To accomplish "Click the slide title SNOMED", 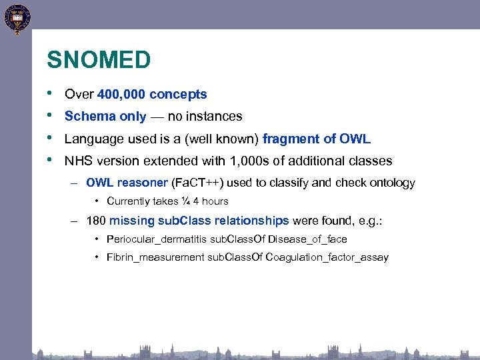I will (x=99, y=61).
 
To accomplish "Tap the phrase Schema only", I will (x=105, y=117).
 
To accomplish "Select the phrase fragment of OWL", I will (x=317, y=139).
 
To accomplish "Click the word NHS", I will (x=77, y=161).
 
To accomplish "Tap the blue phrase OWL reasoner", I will (x=127, y=183).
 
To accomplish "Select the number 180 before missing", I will (x=96, y=221).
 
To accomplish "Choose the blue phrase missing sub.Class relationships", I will (x=199, y=221).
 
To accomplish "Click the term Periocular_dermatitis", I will (x=156, y=239).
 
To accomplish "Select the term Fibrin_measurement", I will (x=155, y=258).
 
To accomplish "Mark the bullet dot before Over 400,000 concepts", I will (x=51, y=94).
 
